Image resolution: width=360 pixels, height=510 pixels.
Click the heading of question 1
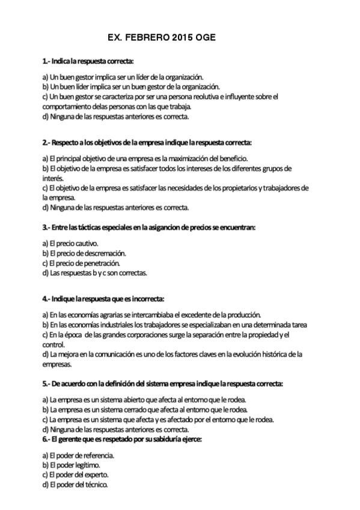88,61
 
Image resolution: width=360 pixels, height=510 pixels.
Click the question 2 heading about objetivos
147,143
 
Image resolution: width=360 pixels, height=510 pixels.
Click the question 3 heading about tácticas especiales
149,227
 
